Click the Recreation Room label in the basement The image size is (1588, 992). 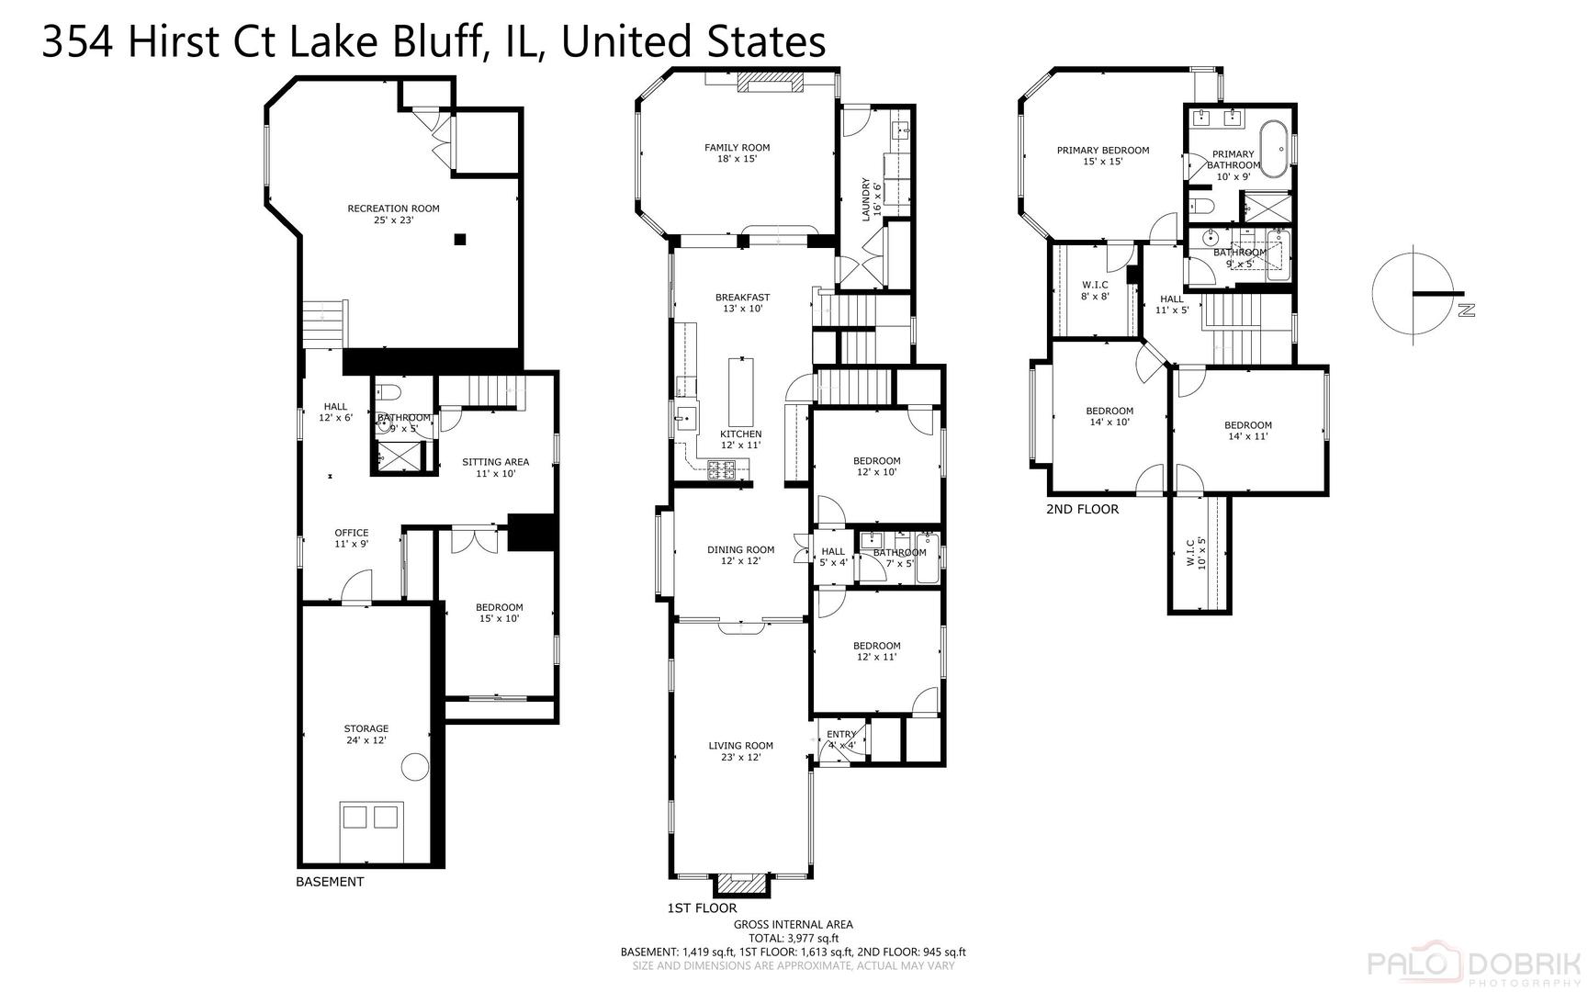[393, 214]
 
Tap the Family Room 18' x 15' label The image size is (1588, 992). [737, 152]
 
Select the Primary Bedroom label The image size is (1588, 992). [1102, 155]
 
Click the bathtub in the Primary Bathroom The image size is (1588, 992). [1273, 148]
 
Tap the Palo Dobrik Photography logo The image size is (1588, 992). [1473, 964]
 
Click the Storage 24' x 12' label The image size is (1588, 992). [366, 734]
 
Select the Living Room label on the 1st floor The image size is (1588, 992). [740, 751]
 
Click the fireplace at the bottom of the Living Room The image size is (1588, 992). [740, 884]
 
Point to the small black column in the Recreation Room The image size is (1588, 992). [460, 240]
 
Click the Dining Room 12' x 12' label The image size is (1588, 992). [740, 555]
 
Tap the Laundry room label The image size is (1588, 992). [871, 198]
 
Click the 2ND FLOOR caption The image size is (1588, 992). [1082, 509]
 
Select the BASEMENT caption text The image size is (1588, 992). [330, 882]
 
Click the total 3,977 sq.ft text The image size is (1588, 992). [793, 938]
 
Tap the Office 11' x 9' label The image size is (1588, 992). [351, 537]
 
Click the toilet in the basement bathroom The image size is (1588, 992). [388, 394]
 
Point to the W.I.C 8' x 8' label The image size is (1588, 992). [1095, 290]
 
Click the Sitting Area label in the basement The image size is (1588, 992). [495, 468]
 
